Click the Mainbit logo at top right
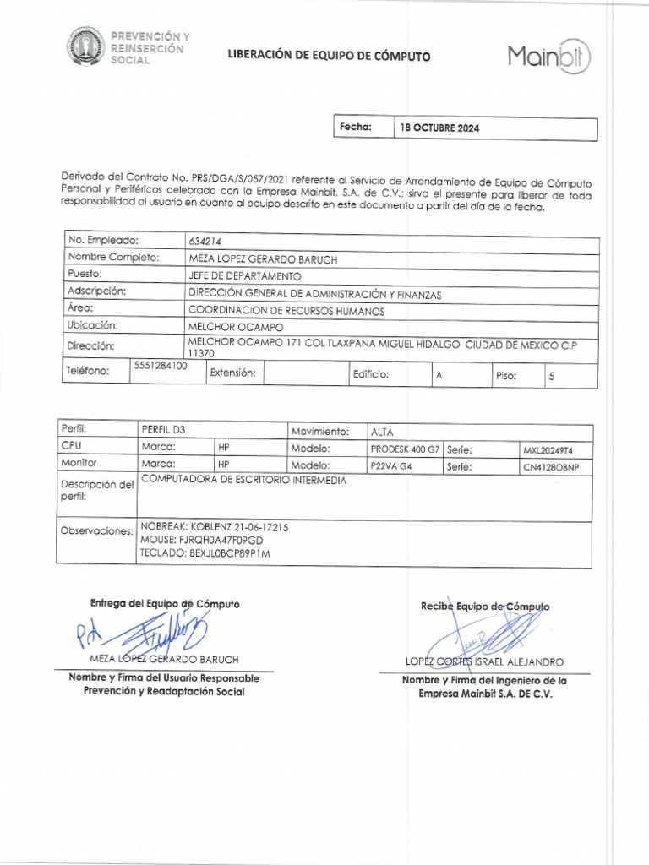[549, 57]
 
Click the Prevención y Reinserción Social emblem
[87, 47]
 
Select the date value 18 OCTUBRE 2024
[439, 129]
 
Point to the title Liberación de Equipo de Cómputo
[329, 57]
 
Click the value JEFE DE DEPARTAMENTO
[244, 276]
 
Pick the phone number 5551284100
[161, 366]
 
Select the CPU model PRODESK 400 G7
[405, 449]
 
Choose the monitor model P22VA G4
[391, 466]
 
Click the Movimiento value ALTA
[382, 432]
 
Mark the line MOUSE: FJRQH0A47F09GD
[202, 540]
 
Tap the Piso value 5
[551, 377]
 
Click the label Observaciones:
[97, 530]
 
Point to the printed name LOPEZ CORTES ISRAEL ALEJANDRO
[484, 662]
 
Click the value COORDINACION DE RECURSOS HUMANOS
[286, 311]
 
